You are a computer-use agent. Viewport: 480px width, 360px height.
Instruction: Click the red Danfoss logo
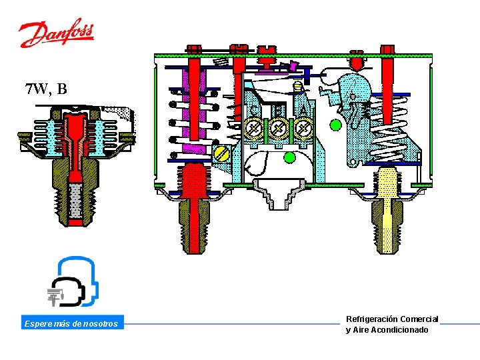(57, 33)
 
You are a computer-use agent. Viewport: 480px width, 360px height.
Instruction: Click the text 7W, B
(45, 89)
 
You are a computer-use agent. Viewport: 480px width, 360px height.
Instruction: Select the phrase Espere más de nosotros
(71, 324)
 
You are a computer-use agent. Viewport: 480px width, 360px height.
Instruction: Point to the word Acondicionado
(399, 330)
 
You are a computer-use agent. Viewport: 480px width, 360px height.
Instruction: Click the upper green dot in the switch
(336, 125)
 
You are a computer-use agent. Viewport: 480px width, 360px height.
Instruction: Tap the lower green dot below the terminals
(289, 157)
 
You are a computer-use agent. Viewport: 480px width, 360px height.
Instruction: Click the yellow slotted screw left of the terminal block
(221, 155)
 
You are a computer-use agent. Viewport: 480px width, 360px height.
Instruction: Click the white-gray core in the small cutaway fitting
(74, 199)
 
